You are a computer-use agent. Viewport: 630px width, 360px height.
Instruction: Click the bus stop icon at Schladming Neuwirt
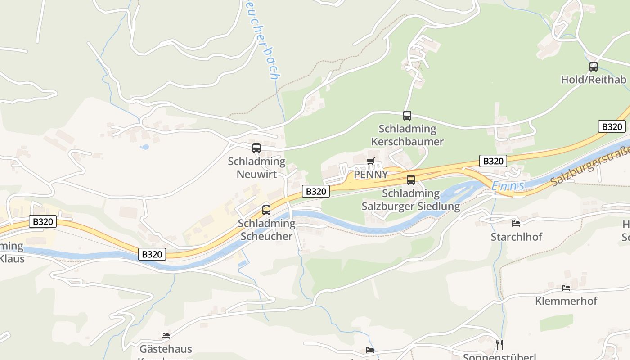click(256, 148)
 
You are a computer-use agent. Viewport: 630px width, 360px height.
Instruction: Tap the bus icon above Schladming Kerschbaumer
click(407, 115)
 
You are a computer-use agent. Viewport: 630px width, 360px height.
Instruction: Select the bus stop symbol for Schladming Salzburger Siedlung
click(411, 180)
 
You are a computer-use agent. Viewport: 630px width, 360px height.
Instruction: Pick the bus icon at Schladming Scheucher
click(266, 210)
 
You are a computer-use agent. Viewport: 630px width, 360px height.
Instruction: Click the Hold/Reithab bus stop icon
click(594, 67)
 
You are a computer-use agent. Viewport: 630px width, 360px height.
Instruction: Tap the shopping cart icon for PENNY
click(371, 161)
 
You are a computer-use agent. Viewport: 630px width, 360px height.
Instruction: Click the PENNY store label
click(371, 175)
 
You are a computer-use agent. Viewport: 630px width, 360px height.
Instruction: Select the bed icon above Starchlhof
click(516, 223)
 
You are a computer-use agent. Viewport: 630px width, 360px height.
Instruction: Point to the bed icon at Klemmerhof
click(566, 288)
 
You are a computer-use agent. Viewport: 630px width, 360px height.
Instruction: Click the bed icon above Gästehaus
click(166, 335)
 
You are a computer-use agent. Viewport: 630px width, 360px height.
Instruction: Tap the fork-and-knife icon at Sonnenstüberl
click(499, 344)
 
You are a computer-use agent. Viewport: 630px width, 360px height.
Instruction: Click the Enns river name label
click(508, 186)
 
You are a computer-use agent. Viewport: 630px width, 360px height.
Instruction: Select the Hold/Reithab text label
click(594, 80)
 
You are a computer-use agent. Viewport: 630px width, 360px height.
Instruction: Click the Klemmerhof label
click(566, 301)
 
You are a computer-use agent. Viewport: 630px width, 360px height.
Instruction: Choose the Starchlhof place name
click(517, 237)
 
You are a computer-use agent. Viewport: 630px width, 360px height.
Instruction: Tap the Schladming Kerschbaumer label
click(407, 135)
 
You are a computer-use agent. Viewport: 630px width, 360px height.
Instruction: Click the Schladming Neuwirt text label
click(256, 167)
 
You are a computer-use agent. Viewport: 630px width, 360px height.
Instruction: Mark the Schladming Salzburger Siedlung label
click(411, 200)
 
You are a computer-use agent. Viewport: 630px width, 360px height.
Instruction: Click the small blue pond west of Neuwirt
click(144, 147)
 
